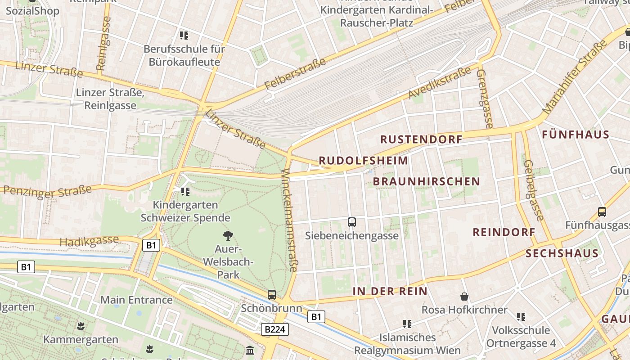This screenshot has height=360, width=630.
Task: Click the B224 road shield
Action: pos(274,329)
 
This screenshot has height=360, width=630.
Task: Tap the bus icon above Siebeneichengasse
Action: pos(352,222)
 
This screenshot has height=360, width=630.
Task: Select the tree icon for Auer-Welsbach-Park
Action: pos(228,235)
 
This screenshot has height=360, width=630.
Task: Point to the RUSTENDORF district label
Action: pos(422,139)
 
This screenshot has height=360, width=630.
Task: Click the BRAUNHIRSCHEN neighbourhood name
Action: pos(427,181)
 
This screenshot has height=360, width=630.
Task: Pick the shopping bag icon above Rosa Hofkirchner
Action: pos(464,297)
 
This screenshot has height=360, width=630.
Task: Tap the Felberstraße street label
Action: pos(295,74)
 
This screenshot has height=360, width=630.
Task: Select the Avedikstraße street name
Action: pos(440,82)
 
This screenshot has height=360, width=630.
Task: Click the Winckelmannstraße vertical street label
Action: pos(289,220)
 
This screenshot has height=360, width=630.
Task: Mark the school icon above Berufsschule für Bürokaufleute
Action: pos(184,35)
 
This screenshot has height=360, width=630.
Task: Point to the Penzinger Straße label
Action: pos(47,191)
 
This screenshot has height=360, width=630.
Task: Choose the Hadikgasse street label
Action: pos(89,241)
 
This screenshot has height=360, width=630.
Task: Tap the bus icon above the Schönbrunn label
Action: pos(272,295)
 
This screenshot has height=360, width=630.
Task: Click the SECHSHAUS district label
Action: pos(562,253)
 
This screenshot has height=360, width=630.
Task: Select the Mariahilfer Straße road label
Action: pos(575,77)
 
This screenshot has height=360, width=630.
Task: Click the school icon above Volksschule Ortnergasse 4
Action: pos(521,317)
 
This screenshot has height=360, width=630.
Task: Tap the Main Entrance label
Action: pos(136,300)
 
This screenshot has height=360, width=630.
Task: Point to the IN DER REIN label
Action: pos(390,291)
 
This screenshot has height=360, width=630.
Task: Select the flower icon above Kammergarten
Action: pos(81,325)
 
